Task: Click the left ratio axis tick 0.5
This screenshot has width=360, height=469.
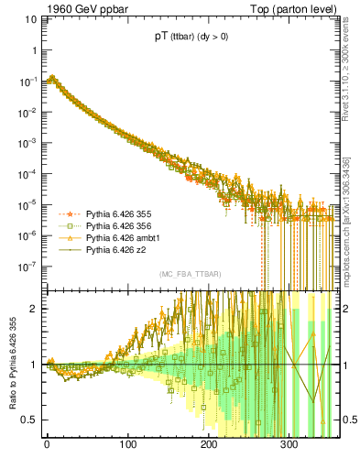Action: click(x=30, y=420)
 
